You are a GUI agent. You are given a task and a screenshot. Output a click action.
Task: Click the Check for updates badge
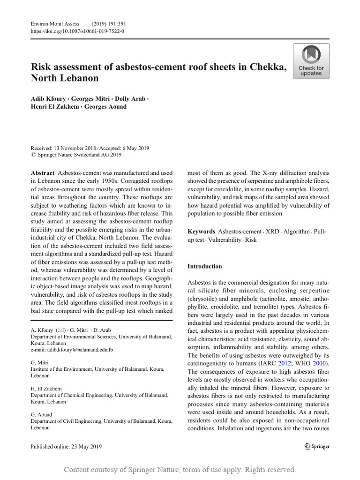point(311,61)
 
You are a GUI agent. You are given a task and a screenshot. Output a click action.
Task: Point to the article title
point(158,72)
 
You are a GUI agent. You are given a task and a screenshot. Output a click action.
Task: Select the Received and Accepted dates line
point(90,148)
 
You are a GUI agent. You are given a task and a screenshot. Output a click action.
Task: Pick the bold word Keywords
point(202,232)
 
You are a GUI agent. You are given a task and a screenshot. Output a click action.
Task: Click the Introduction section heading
point(205,266)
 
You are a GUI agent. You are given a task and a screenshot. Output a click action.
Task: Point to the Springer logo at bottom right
point(317,446)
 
